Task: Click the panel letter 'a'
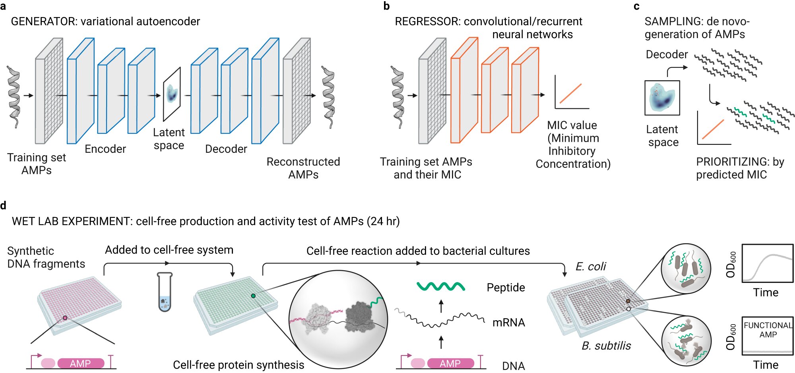(3, 7)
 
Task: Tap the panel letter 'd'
(3, 205)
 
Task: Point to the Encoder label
(105, 149)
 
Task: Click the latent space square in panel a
(172, 94)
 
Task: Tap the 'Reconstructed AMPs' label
(303, 168)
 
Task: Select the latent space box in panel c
(662, 98)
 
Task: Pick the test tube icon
(165, 292)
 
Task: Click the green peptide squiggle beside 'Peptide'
(441, 286)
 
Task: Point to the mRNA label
(509, 323)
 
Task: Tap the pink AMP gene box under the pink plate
(81, 363)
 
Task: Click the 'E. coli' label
(591, 267)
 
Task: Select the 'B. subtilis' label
(606, 346)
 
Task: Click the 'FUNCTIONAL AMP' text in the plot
(768, 330)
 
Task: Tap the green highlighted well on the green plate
(253, 296)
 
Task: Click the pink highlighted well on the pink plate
(65, 318)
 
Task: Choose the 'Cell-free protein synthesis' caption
(238, 365)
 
